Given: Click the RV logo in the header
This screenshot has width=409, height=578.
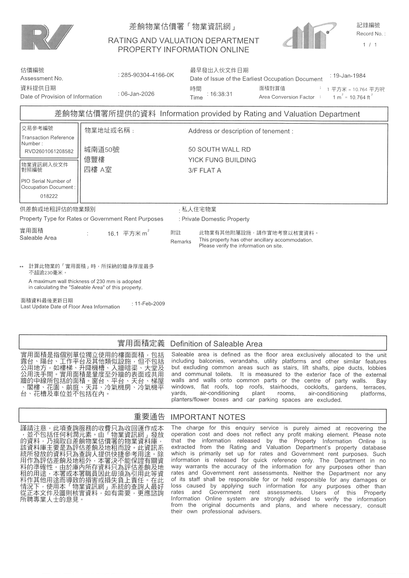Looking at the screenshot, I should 47,37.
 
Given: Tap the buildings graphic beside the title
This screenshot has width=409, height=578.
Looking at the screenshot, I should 310,36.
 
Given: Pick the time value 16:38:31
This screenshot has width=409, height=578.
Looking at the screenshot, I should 221,94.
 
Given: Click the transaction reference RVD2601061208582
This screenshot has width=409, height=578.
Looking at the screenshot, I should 49,151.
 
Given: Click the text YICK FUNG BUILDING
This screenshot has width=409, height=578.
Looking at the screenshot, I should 222,160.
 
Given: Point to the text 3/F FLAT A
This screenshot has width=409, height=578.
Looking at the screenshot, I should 204,171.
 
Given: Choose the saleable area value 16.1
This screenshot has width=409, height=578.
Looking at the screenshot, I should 113,234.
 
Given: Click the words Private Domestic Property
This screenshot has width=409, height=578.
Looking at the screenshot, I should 216,219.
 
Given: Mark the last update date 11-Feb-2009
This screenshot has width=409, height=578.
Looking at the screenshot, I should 150,304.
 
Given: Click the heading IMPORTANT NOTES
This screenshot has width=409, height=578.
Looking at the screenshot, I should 208,417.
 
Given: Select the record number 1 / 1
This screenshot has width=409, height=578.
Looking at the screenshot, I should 370,45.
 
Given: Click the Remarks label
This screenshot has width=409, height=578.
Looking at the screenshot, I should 181,242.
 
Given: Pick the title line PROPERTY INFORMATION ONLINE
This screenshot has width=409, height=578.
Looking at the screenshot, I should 183,50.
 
